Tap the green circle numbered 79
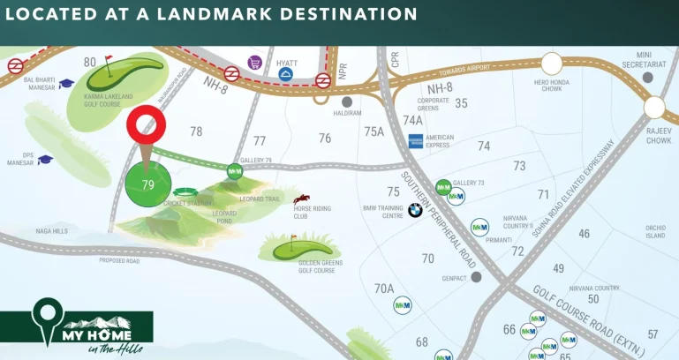tap(147, 184)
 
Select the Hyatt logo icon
tap(286, 76)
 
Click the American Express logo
tap(416, 140)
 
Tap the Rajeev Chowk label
tap(659, 136)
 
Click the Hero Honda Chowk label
tap(554, 87)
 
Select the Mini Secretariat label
tap(648, 58)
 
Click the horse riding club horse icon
tap(302, 199)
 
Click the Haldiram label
tap(347, 113)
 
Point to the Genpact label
tap(454, 277)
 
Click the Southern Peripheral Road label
tap(439, 220)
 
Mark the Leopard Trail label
tap(261, 199)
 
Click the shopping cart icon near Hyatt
tap(254, 62)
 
